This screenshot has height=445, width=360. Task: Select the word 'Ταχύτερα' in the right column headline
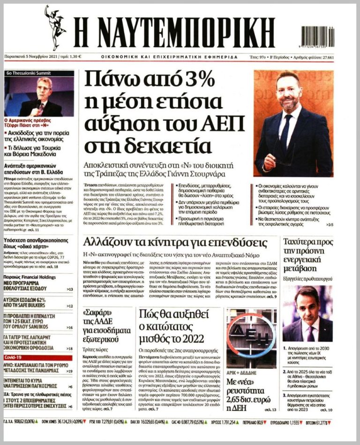301,242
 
